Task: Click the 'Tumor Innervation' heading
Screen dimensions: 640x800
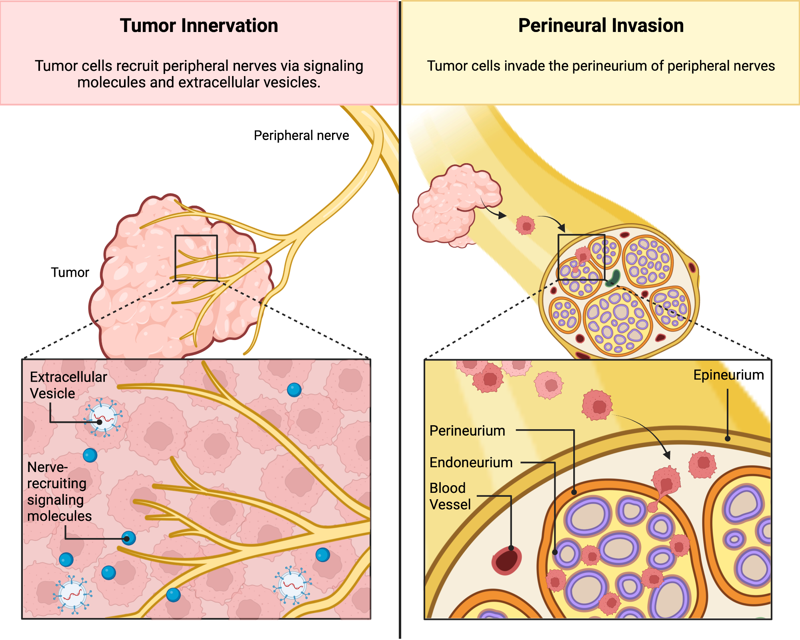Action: [x=199, y=26]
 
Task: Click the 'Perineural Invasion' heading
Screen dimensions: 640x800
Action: [x=601, y=26]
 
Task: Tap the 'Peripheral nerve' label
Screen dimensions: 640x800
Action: [x=301, y=136]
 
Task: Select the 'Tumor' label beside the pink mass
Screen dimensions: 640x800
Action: [x=70, y=272]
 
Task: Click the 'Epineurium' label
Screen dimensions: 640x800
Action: [x=728, y=375]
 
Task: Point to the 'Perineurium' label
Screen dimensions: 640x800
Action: [x=467, y=431]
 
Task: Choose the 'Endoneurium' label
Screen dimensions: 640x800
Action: [x=471, y=462]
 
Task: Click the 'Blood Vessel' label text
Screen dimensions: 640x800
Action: [x=450, y=496]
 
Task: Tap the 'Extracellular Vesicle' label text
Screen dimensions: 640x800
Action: [x=68, y=385]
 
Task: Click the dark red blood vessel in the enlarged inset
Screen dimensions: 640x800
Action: [x=506, y=560]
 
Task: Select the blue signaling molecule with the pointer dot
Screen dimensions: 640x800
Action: [x=128, y=538]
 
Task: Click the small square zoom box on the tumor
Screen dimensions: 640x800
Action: [x=196, y=258]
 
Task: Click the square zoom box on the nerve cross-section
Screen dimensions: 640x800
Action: [x=581, y=257]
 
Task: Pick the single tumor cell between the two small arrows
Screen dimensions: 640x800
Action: [x=525, y=225]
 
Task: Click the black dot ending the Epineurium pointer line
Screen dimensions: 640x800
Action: [x=728, y=439]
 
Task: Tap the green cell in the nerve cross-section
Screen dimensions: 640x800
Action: [x=613, y=278]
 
